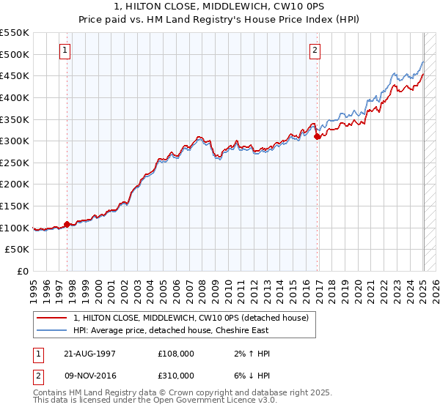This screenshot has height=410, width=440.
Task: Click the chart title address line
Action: (220, 7)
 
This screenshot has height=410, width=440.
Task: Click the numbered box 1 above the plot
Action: (65, 51)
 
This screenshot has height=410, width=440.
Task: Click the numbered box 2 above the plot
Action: (315, 51)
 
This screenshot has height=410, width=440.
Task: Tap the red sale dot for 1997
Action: (67, 224)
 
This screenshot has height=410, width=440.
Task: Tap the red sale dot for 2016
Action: (317, 136)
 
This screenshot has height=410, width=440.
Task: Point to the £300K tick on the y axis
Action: (15, 141)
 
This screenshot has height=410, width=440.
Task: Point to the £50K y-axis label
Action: (18, 250)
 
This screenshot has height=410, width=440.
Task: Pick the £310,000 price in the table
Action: (175, 376)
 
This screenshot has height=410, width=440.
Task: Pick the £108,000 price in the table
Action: (175, 354)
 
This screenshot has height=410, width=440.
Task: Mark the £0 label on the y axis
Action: (22, 272)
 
